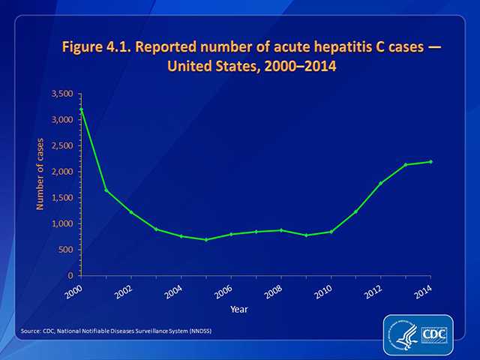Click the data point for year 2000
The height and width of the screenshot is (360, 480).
click(81, 109)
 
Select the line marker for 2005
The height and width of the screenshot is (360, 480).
click(205, 239)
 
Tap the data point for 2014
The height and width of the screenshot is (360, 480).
click(430, 162)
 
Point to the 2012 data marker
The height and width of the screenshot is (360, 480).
click(381, 183)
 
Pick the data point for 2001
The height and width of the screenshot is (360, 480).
click(106, 190)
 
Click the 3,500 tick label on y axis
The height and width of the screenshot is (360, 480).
click(61, 94)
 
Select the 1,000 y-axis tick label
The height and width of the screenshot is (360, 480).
click(61, 223)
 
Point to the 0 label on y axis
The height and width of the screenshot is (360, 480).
click(70, 276)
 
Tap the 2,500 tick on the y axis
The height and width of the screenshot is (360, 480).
click(61, 145)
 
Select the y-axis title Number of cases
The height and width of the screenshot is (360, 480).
click(40, 173)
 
